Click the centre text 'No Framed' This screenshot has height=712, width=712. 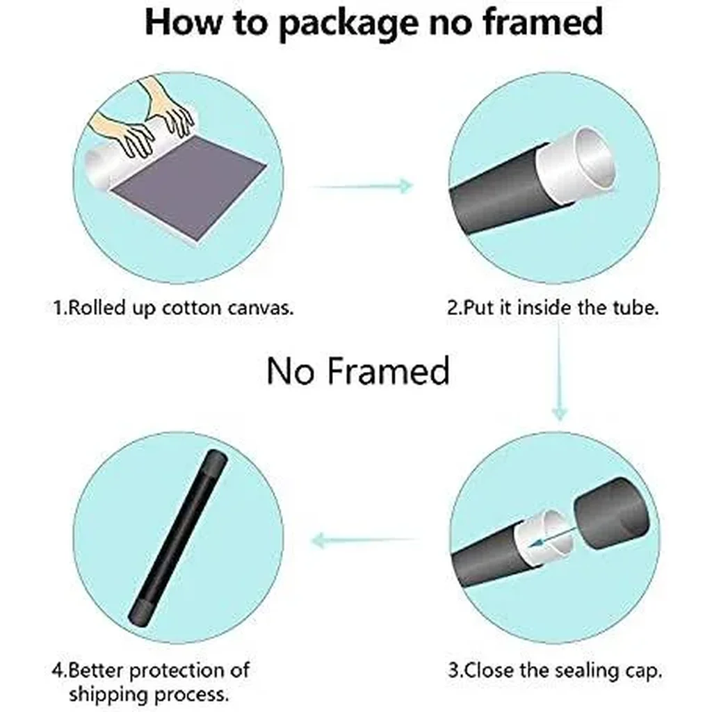tap(358, 371)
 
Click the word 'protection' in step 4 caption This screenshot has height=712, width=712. tap(183, 671)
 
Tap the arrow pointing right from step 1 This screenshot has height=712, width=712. tap(362, 186)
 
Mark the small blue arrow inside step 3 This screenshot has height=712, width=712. tap(551, 535)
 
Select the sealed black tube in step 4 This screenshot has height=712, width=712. tap(178, 537)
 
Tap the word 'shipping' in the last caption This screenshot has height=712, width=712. tap(107, 695)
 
